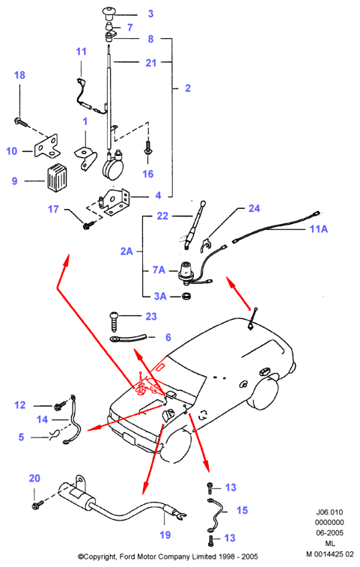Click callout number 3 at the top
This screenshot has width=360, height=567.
(150, 13)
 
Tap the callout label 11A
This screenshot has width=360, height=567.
(318, 229)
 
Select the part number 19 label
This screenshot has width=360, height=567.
(165, 535)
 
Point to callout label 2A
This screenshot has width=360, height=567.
(126, 251)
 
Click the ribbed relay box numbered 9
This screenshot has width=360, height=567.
(57, 178)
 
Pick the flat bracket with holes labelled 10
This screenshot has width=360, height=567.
(46, 146)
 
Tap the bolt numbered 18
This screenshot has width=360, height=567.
(21, 122)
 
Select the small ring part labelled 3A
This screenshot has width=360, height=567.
(186, 296)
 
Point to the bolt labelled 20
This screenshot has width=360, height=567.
(38, 504)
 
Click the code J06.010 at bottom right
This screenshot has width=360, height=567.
(329, 512)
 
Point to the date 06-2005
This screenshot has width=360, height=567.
(329, 533)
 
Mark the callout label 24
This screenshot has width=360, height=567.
(254, 208)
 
